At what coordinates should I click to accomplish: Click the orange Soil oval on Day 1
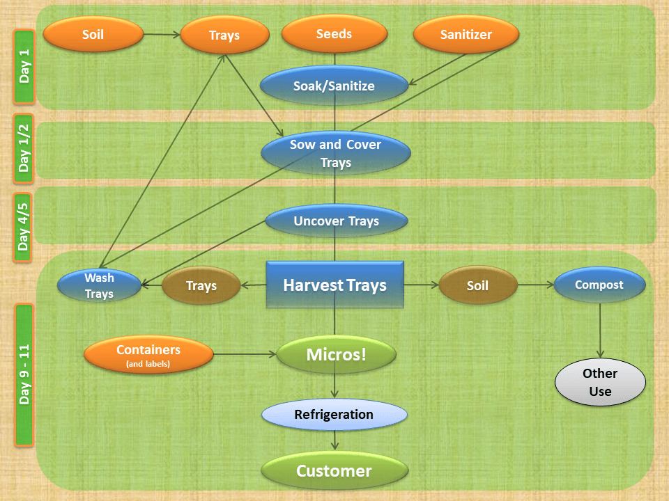pos(93,34)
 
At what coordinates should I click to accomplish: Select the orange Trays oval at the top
pos(224,35)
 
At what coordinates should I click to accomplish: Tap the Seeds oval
pos(334,34)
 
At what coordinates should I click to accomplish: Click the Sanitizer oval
pos(466,35)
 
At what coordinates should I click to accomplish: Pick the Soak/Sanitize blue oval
pos(334,86)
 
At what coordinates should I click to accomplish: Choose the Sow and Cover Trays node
pos(335,154)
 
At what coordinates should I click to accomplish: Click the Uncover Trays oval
pos(336,221)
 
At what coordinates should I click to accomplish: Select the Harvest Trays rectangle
pos(334,285)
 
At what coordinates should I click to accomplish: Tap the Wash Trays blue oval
pos(99,286)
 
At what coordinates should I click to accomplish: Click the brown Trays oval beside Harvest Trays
pos(201,286)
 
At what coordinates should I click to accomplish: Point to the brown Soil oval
pos(477,286)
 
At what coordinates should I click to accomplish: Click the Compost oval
pos(599,285)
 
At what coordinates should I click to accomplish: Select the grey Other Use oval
pos(600,382)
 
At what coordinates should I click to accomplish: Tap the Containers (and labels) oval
pos(148,355)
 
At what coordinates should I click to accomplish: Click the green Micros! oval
pos(336,355)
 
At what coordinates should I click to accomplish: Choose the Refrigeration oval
pos(334,415)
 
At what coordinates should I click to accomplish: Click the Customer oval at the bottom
pos(334,471)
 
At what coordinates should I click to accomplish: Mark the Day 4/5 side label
pos(24,227)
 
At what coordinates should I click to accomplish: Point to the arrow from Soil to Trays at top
pos(162,34)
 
